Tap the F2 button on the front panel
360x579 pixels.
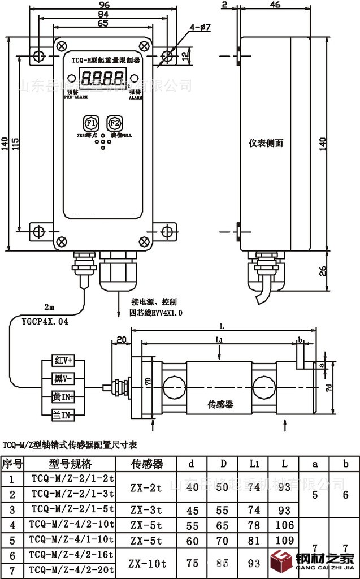(x=115, y=123)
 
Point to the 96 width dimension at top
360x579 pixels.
(x=100, y=5)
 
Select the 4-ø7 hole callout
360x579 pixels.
(x=200, y=27)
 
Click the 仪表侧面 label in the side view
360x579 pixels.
(x=266, y=143)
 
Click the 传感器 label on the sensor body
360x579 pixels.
(x=221, y=405)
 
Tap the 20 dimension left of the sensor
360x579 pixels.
(x=120, y=339)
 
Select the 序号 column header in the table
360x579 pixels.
(x=12, y=464)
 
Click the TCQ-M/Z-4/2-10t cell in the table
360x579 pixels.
(x=72, y=524)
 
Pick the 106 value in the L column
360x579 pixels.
(x=285, y=525)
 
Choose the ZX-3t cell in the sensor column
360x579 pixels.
(x=146, y=510)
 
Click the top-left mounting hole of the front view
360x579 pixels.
(x=38, y=55)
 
